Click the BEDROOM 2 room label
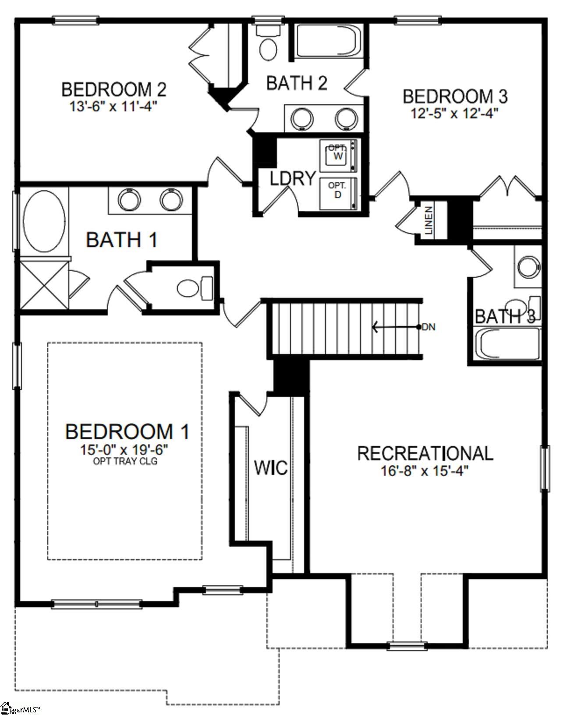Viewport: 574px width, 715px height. point(113,89)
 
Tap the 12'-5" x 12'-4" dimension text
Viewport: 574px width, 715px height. point(454,113)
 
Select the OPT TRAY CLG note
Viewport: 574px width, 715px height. point(125,461)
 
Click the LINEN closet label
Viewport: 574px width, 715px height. point(429,221)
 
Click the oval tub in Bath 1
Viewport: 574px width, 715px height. point(44,221)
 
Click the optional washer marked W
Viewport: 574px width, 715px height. point(338,156)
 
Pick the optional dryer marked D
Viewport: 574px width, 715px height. point(338,193)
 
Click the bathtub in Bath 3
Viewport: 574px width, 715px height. point(508,344)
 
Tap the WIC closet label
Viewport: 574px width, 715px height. point(271,468)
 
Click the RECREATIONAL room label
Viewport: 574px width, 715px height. point(425,453)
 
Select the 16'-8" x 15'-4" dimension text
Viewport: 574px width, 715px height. point(425,471)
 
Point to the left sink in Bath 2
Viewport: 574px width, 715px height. point(302,118)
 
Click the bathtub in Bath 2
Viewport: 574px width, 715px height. point(329,41)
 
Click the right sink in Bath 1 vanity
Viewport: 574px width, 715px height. point(171,200)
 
